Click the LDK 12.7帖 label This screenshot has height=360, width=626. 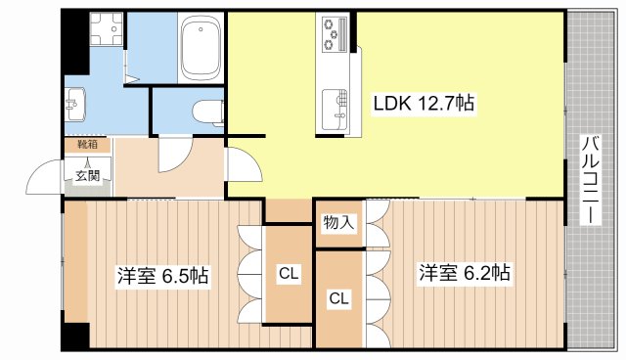[x=424, y=102]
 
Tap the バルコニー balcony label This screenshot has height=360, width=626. [x=591, y=181]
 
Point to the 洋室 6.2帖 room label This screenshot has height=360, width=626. [x=465, y=273]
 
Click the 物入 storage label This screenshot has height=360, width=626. [x=338, y=224]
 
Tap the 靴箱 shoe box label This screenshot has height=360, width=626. [x=86, y=145]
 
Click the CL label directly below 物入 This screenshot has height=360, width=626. [x=338, y=297]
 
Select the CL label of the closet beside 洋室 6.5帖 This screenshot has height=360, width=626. [x=289, y=274]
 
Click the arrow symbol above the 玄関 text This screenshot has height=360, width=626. [x=86, y=162]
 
